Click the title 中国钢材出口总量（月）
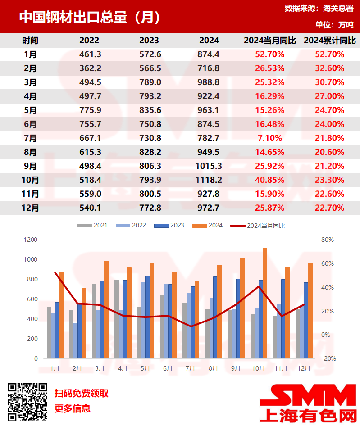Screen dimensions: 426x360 [x=89, y=18]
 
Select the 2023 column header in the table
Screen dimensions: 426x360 [x=149, y=41]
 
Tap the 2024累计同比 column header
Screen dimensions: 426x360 [x=330, y=41]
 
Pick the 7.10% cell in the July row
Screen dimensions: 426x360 [x=270, y=138]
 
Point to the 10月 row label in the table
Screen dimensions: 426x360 [x=30, y=180]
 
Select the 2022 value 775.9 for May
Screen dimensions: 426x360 [x=89, y=110]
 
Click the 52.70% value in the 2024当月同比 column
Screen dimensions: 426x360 [x=270, y=54]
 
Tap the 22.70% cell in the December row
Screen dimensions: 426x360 [x=330, y=208]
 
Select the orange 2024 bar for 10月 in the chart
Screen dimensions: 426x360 [x=265, y=303]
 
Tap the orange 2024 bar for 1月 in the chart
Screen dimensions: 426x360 [x=61, y=315]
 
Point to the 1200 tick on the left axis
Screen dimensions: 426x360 [x=31, y=240]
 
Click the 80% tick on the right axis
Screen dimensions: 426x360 [x=328, y=240]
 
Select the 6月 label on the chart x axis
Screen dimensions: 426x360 [x=168, y=368]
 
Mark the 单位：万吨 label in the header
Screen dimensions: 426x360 [x=334, y=25]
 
